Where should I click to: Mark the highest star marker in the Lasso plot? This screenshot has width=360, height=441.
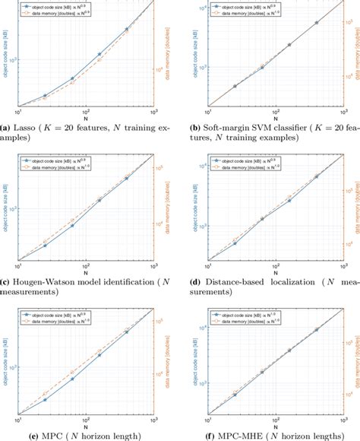(x=126, y=29)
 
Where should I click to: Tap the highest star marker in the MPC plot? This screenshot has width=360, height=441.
(x=126, y=332)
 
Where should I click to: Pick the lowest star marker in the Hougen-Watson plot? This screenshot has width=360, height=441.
(x=45, y=245)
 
